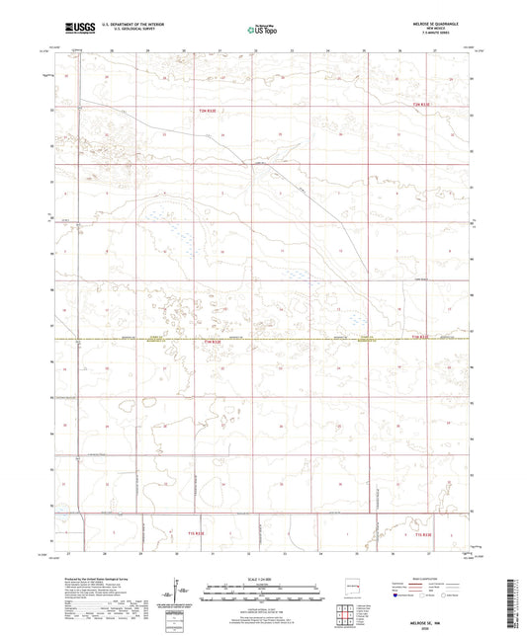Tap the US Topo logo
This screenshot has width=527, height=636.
[262, 30]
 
